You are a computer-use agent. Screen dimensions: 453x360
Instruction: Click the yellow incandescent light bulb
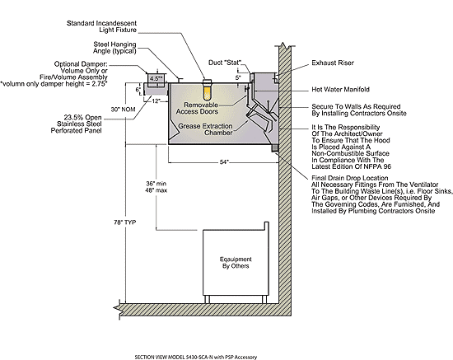[x=207, y=92]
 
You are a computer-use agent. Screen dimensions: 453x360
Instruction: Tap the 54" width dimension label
[x=225, y=162]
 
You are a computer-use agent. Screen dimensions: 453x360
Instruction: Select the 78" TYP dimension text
[x=125, y=222]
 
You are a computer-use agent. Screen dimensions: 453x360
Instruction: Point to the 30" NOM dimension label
[x=123, y=110]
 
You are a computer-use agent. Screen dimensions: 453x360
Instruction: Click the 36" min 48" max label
[x=156, y=187]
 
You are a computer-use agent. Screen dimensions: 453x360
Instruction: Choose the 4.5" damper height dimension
[x=156, y=78]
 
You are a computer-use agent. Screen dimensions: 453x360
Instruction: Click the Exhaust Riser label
[x=333, y=63]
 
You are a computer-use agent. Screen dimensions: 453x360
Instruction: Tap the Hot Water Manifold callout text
[x=340, y=89]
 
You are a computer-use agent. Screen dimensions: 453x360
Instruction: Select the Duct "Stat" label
[x=225, y=63]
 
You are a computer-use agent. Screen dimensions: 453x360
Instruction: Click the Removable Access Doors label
[x=198, y=108]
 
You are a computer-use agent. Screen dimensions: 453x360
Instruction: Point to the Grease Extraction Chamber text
[x=205, y=129]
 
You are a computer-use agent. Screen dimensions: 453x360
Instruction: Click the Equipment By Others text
[x=236, y=263]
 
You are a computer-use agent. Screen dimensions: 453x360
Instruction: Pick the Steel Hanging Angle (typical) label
[x=114, y=48]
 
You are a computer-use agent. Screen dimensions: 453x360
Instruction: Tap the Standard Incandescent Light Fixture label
[x=101, y=26]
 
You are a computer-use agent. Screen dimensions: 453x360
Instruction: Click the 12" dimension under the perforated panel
[x=156, y=101]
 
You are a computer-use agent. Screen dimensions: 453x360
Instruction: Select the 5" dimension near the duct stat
[x=238, y=77]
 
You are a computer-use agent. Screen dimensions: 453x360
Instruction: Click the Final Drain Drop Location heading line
[x=349, y=178]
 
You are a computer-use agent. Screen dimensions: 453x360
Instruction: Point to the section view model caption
[x=195, y=357]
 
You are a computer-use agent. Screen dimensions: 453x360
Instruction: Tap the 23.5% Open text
[x=82, y=118]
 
